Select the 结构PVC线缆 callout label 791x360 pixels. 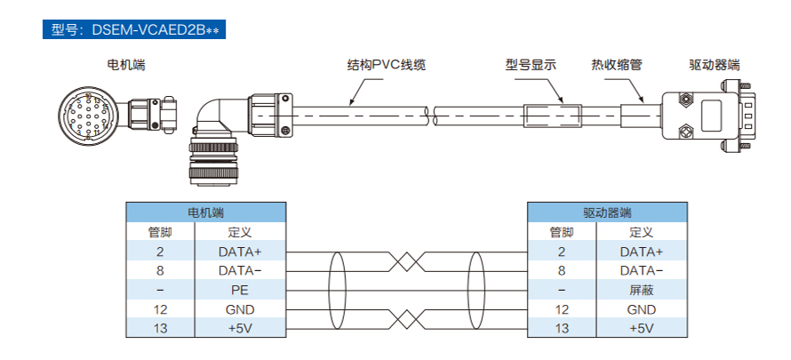386,65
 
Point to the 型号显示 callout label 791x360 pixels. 531,65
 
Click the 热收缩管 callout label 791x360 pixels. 617,65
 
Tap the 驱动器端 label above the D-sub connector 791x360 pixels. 715,65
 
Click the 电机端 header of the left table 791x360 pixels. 205,213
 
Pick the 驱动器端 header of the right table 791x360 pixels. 607,213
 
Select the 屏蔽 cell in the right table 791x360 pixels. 642,290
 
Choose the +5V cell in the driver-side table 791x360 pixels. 642,328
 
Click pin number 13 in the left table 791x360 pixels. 160,328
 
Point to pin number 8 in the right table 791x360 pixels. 562,270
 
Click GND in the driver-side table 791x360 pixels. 642,309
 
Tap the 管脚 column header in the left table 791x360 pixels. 160,232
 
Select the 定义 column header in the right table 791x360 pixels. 642,232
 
